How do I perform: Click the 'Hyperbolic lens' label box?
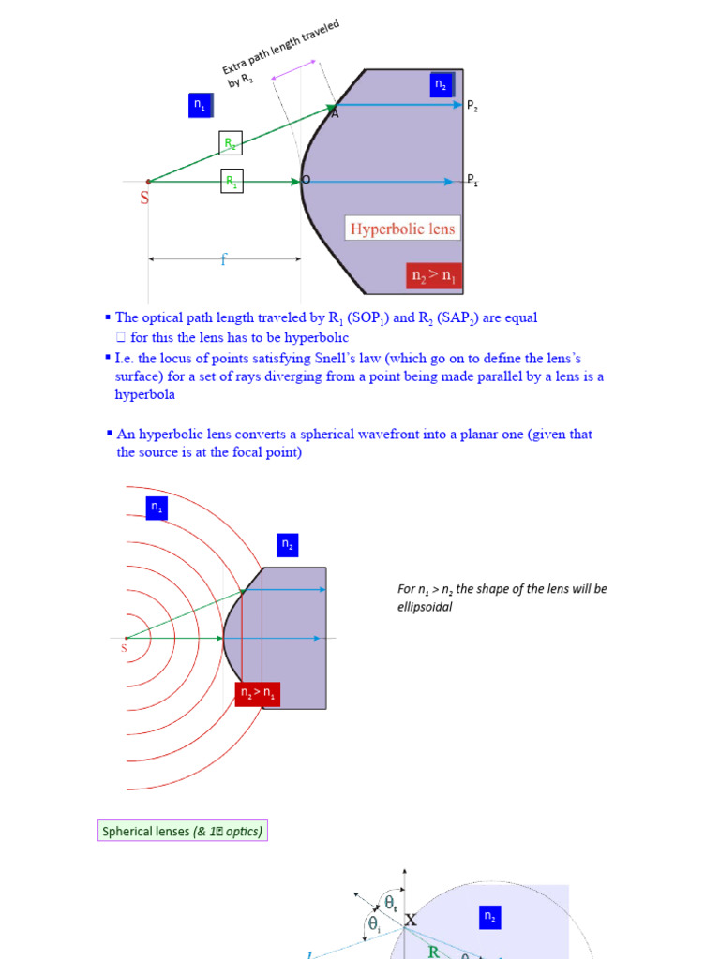pyautogui.click(x=403, y=228)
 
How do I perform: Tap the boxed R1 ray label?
pyautogui.click(x=231, y=181)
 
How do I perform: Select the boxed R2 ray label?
pyautogui.click(x=231, y=143)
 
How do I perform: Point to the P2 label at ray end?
pyautogui.click(x=472, y=107)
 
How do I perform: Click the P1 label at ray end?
pyautogui.click(x=472, y=180)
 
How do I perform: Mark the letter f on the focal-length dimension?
pyautogui.click(x=223, y=260)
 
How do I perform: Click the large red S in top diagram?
pyautogui.click(x=145, y=199)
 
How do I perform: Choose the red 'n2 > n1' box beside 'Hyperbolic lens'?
pyautogui.click(x=434, y=276)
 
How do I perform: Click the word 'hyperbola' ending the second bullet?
pyautogui.click(x=144, y=394)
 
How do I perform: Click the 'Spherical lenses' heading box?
pyautogui.click(x=182, y=831)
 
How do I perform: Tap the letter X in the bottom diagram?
pyautogui.click(x=411, y=922)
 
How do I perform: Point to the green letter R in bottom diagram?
pyautogui.click(x=434, y=952)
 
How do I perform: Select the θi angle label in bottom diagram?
pyautogui.click(x=373, y=924)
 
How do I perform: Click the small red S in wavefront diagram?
pyautogui.click(x=124, y=648)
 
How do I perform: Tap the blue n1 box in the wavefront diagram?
pyautogui.click(x=157, y=508)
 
